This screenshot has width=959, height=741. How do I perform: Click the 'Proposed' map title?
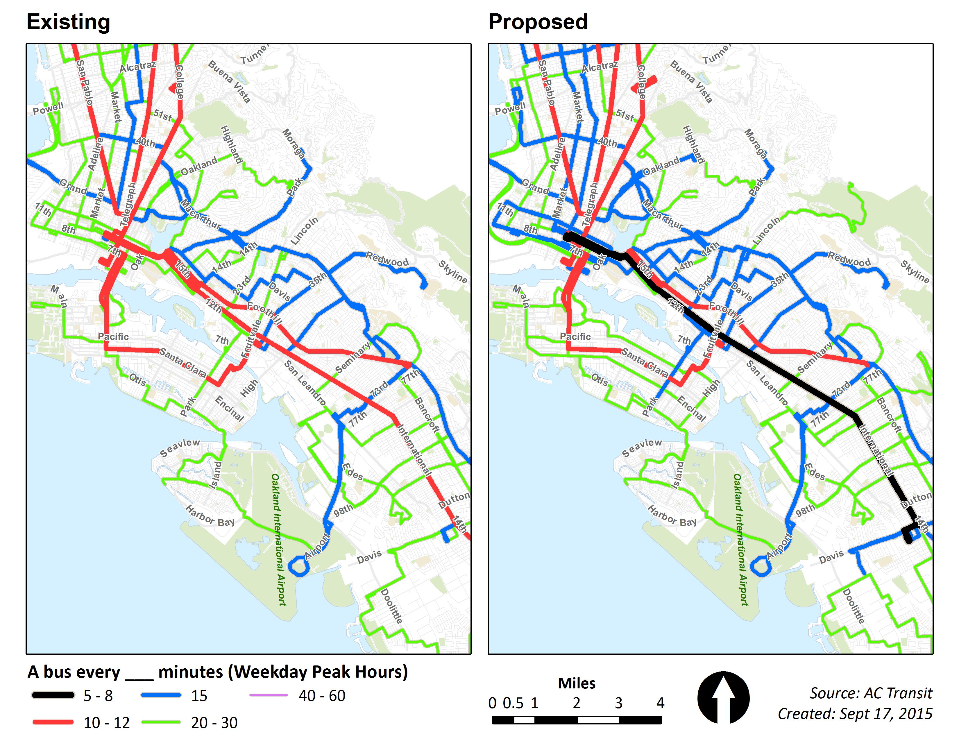538,22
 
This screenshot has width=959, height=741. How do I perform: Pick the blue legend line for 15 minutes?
161,695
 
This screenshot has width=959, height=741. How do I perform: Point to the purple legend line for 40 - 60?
268,695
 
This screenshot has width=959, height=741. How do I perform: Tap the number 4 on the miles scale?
660,703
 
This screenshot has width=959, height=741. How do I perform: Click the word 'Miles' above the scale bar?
577,683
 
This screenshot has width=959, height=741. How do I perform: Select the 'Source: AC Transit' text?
871,693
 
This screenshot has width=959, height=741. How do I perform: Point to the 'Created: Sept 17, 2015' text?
855,714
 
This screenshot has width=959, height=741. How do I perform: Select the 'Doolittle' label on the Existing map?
391,606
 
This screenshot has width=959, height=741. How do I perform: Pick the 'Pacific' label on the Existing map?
113,337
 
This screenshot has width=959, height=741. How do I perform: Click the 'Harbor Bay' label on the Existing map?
210,516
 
